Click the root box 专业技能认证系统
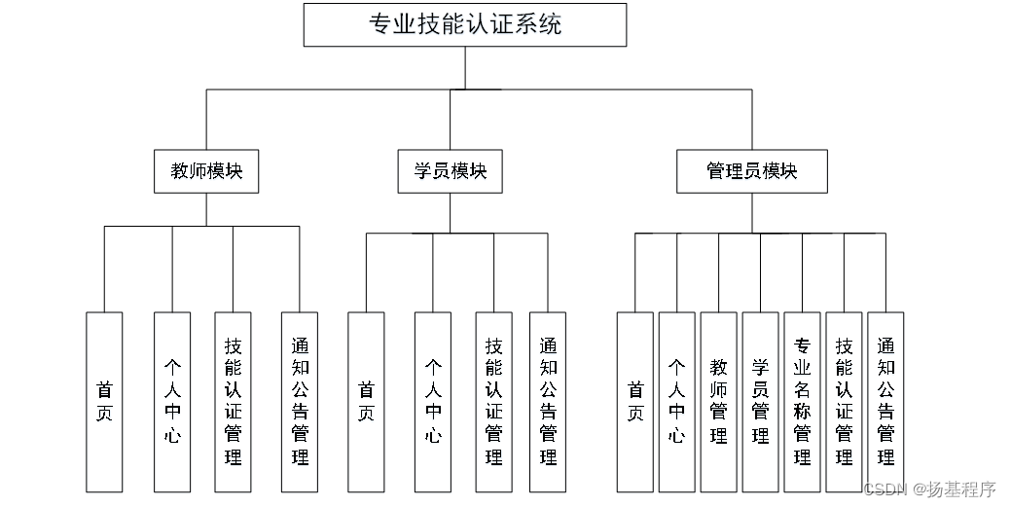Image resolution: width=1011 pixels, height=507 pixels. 464,24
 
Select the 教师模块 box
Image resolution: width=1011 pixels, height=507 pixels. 206,171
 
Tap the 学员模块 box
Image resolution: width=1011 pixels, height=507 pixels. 450,171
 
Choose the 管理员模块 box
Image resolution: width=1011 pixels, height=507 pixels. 751,171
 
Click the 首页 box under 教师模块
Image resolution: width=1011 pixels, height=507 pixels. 104,401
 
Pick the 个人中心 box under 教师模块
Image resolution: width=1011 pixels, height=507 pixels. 172,401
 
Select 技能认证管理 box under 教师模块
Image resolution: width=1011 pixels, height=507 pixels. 233,401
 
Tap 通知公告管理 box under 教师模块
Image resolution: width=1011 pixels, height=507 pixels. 299,401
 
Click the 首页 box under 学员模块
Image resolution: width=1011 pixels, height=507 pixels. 366,401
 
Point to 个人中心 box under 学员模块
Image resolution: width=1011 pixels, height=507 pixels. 433,401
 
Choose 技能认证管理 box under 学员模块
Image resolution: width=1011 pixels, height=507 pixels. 493,401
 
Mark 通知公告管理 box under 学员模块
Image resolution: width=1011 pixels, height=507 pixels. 547,401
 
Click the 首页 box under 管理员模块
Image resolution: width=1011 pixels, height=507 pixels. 634,401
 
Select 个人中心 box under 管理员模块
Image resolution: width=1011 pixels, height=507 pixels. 676,401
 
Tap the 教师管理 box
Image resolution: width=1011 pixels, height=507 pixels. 718,401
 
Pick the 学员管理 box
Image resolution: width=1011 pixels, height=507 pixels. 760,401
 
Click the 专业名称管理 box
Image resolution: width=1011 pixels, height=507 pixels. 802,401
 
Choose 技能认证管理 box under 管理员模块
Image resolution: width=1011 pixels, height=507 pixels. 844,401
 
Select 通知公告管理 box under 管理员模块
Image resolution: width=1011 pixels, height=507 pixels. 885,401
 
